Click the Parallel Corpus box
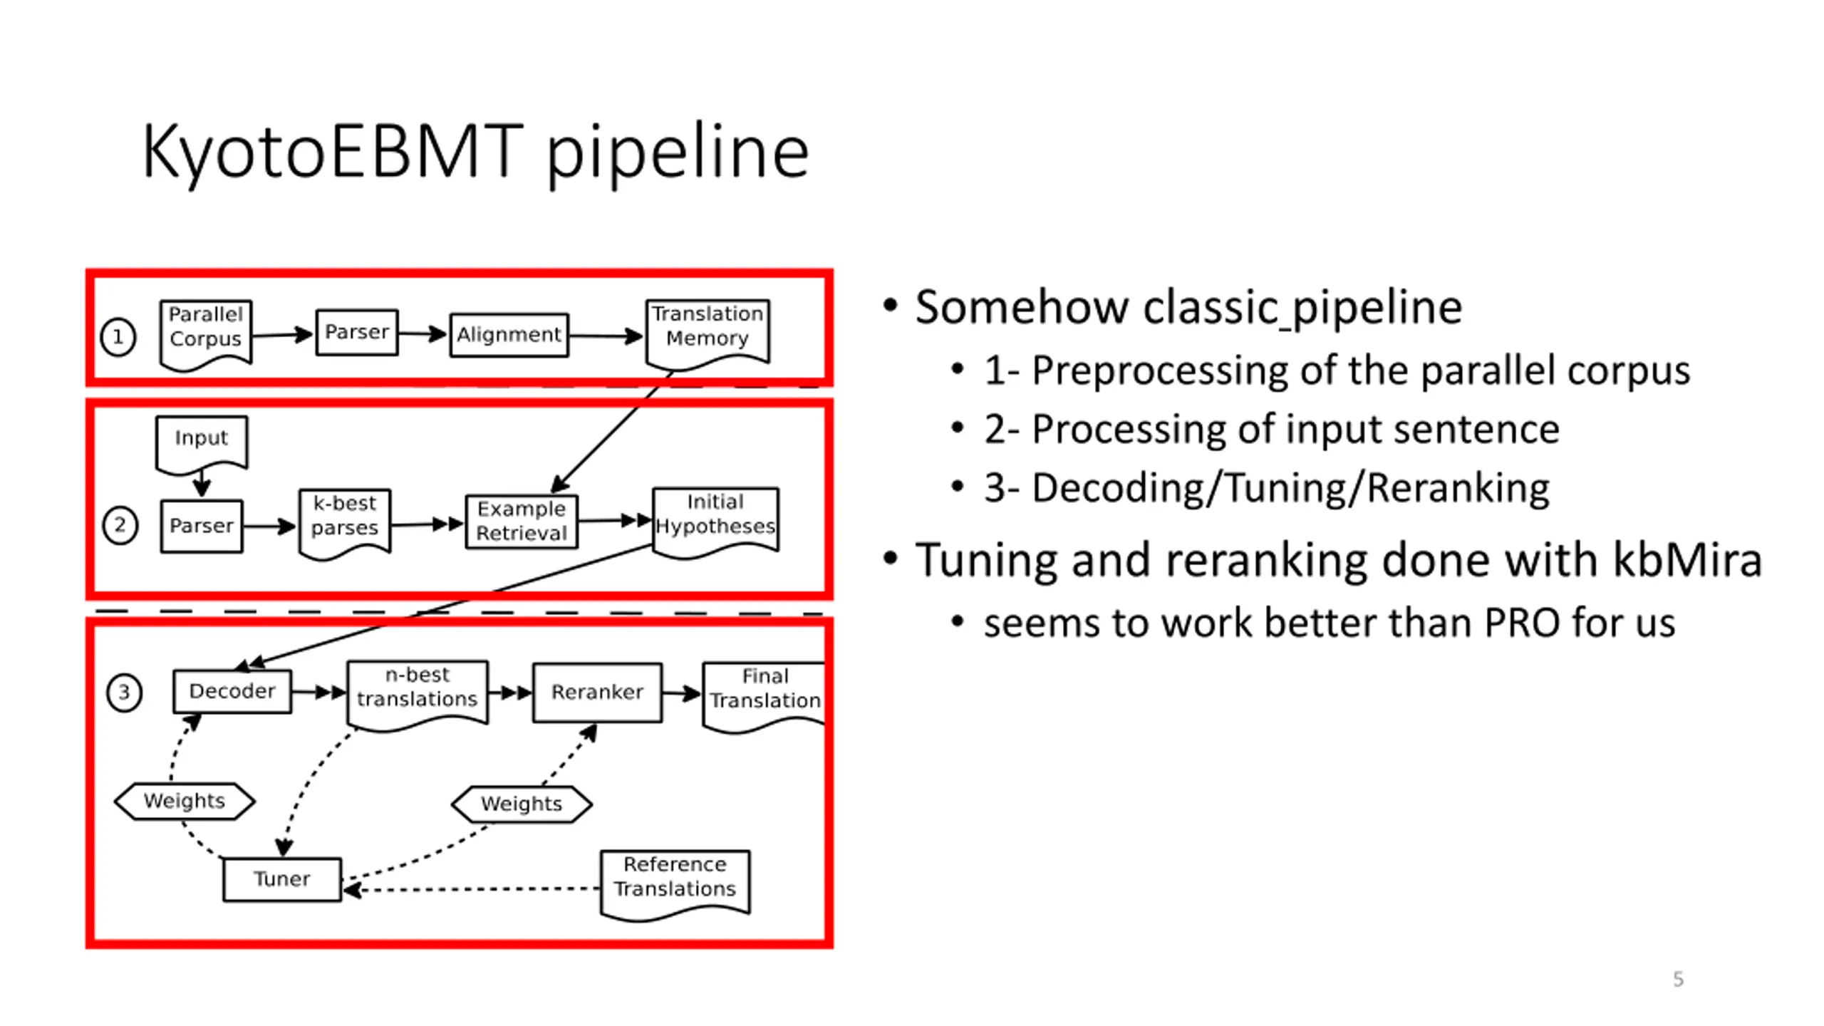pyautogui.click(x=205, y=333)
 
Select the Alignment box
pyautogui.click(x=509, y=334)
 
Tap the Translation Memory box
pyautogui.click(x=707, y=333)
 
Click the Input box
pyautogui.click(x=202, y=444)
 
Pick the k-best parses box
pyautogui.click(x=345, y=523)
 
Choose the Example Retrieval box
pyautogui.click(x=522, y=522)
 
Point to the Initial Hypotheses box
pyautogui.click(x=715, y=521)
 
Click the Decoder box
pyautogui.click(x=232, y=690)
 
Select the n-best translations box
pyautogui.click(x=418, y=694)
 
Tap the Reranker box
pyautogui.click(x=597, y=693)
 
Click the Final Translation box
pyautogui.click(x=764, y=696)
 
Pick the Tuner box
pyautogui.click(x=282, y=879)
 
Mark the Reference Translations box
pyautogui.click(x=675, y=883)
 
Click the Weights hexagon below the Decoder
pyautogui.click(x=185, y=802)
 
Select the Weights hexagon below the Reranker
pyautogui.click(x=522, y=804)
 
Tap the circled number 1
pyautogui.click(x=118, y=337)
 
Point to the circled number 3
pyautogui.click(x=124, y=692)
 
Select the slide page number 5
pyautogui.click(x=1679, y=979)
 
